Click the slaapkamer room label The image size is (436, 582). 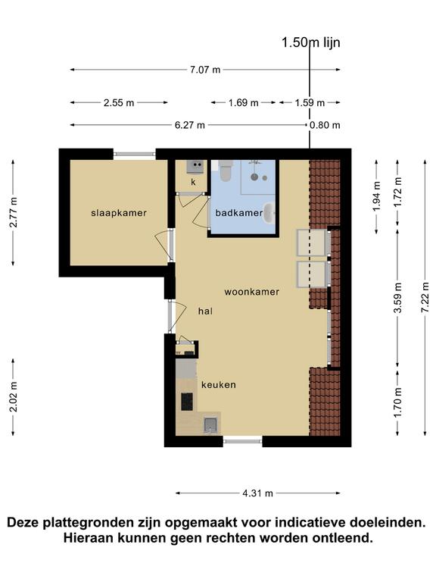click(119, 213)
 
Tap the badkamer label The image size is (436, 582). click(239, 213)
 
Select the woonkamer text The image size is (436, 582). click(252, 292)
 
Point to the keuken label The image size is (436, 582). click(218, 385)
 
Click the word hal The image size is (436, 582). click(205, 311)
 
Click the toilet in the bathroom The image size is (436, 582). click(226, 171)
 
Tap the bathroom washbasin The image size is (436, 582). click(269, 213)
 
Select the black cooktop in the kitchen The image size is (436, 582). click(187, 402)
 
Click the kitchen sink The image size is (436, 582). click(210, 425)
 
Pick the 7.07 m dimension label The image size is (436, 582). click(205, 70)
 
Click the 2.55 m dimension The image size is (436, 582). click(119, 103)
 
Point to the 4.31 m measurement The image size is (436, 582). click(257, 493)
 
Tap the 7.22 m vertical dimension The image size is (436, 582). click(425, 297)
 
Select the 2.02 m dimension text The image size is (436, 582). click(14, 397)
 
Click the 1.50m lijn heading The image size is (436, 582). click(310, 42)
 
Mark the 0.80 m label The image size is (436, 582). click(325, 125)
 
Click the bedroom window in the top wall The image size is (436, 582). click(135, 154)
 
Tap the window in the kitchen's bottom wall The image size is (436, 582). click(243, 441)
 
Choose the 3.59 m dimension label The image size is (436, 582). click(398, 298)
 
